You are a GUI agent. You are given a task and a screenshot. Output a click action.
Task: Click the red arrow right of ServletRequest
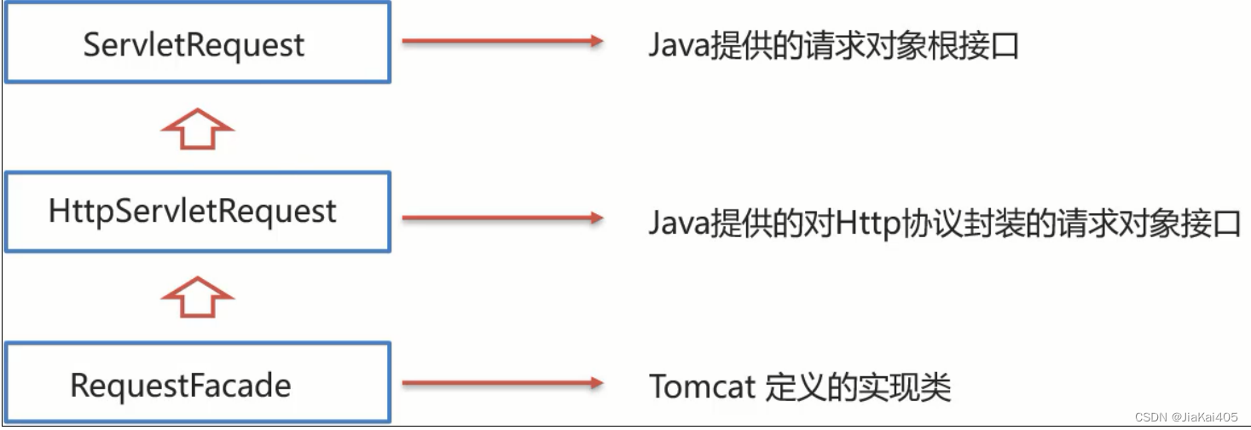(502, 41)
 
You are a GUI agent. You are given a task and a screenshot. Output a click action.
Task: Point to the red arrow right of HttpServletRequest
(502, 218)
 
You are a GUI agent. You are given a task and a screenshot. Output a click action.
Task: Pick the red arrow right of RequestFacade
(502, 384)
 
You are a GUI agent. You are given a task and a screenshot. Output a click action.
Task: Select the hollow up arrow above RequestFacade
(197, 298)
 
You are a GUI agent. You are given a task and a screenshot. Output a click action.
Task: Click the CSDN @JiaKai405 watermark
(1185, 416)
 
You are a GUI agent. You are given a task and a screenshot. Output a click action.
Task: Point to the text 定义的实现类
(858, 387)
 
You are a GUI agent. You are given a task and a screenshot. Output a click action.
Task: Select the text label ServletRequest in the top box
(194, 44)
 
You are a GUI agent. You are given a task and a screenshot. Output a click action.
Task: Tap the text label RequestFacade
(180, 386)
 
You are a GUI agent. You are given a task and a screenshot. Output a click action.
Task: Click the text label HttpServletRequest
(193, 212)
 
